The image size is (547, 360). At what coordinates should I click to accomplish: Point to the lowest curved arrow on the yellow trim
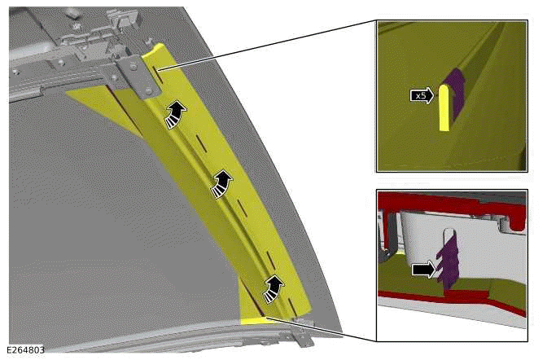(x=274, y=286)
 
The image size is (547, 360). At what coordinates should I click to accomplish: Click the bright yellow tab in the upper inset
(x=444, y=107)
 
